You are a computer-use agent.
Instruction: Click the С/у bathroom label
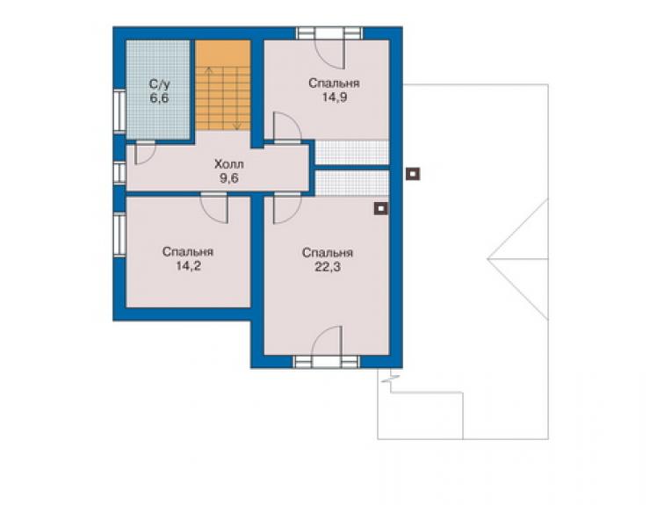click(159, 84)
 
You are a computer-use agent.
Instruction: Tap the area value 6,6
click(159, 98)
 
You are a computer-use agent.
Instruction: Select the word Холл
click(229, 163)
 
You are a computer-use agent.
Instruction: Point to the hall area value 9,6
click(229, 178)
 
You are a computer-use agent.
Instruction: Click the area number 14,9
click(335, 97)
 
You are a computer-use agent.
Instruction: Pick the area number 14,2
click(188, 266)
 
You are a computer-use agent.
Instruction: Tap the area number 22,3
click(328, 267)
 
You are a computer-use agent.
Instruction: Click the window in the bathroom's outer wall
click(119, 112)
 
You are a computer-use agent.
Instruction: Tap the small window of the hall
click(119, 172)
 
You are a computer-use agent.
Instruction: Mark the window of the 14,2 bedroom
click(119, 234)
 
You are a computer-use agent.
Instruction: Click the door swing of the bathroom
click(144, 153)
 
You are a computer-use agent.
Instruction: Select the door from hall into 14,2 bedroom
click(214, 208)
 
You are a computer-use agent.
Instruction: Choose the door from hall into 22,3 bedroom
click(287, 208)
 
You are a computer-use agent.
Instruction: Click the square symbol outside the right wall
click(414, 174)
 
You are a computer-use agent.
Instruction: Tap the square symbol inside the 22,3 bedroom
click(381, 208)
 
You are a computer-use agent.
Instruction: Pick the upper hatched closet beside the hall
click(352, 153)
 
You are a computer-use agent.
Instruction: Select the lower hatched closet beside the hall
click(352, 183)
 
